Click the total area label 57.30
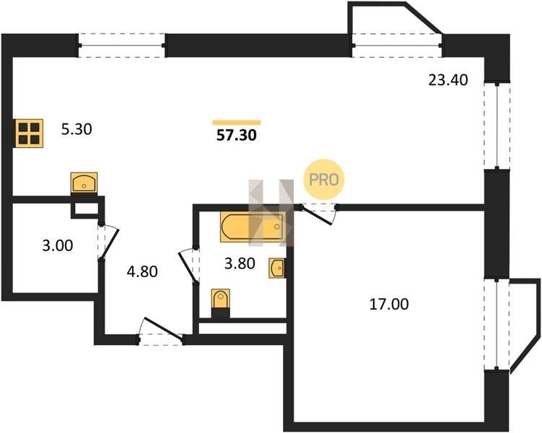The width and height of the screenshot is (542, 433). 237,135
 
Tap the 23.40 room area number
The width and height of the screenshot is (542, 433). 448,80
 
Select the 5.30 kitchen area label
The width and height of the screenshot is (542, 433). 77,129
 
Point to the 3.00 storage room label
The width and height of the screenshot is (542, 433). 58,245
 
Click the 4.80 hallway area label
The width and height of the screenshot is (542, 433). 142,271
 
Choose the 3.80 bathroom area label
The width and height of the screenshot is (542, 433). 240,263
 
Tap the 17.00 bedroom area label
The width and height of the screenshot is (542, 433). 389,304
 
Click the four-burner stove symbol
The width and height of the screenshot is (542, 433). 29,133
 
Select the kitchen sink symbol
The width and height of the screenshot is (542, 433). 84,183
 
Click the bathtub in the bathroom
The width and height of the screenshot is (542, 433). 253,227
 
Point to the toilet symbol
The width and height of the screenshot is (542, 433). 221,303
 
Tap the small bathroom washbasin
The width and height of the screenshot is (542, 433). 277,268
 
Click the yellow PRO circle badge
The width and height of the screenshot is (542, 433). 324,180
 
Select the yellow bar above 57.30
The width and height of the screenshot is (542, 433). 237,123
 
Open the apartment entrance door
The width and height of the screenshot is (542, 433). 161,331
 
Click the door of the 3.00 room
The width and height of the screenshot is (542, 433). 108,242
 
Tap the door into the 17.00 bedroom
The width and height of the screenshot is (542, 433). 318,214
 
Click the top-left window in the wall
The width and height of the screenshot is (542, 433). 122,45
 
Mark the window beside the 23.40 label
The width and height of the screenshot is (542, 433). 497,126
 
